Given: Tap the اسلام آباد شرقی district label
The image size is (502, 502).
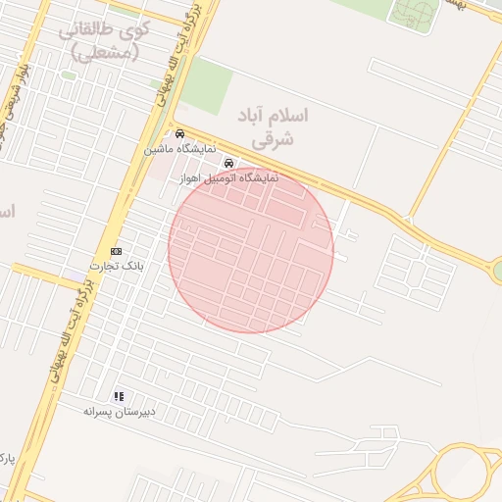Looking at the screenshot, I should [x=274, y=127].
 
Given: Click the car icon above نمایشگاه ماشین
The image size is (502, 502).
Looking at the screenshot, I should [x=179, y=134].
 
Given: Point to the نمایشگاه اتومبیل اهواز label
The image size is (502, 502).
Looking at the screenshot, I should [x=229, y=178].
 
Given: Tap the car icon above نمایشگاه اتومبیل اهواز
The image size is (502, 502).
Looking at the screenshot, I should [x=228, y=163].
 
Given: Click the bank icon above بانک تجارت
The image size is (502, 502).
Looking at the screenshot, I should [x=117, y=251].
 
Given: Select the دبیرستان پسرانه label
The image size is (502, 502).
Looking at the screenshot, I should [x=120, y=413].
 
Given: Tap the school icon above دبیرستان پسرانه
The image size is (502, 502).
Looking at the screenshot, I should [x=119, y=396].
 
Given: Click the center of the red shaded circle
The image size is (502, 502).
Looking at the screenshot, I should [x=251, y=250].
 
